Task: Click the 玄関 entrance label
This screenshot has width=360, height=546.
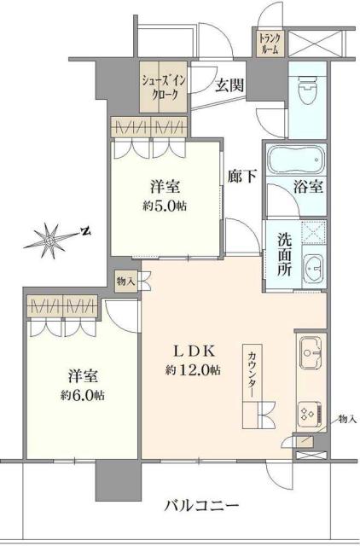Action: point(229,84)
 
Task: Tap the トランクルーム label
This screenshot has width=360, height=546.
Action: point(270,42)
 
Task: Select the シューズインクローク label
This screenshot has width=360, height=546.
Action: point(161,88)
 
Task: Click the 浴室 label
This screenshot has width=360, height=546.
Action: point(309,187)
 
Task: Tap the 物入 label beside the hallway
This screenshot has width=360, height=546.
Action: point(125,279)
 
